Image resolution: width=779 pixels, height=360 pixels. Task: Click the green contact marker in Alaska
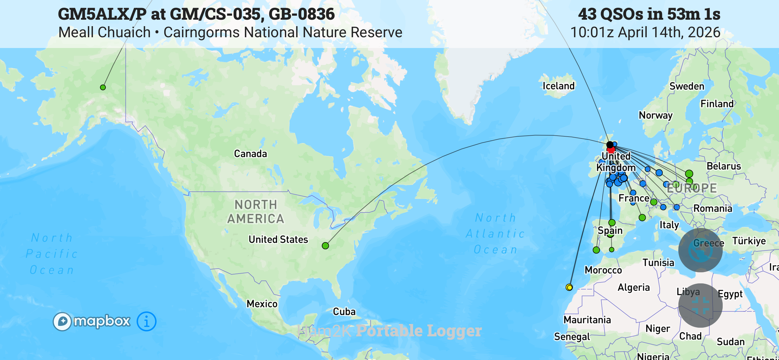pos(103,87)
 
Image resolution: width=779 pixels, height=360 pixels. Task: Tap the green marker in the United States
pos(325,246)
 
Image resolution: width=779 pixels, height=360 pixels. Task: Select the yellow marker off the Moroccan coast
pos(569,287)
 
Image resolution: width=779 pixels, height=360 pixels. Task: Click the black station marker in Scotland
pos(610,145)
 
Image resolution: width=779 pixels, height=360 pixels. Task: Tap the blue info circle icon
pos(146,322)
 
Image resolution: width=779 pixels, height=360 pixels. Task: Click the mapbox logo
pos(92,322)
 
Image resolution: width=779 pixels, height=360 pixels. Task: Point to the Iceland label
pos(558,86)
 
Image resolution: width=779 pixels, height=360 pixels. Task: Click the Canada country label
pos(250,154)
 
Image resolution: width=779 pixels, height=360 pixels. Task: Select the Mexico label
pos(262,304)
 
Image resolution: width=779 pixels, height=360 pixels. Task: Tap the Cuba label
pos(344,312)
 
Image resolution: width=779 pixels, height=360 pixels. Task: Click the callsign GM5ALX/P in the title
pos(102,14)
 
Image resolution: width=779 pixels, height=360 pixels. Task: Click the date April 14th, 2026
pos(669,33)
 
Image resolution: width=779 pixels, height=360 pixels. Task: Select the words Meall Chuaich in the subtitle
pos(105,33)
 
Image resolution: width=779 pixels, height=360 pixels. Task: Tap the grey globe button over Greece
pos(701,250)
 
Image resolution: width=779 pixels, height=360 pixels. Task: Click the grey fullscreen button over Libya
pos(701,306)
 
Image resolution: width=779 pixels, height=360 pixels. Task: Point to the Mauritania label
pos(587,320)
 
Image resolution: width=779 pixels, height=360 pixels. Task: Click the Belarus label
pos(724,166)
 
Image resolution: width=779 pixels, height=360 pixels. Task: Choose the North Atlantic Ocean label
pos(495,234)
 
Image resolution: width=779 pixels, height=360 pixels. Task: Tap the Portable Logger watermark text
pos(419,331)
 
